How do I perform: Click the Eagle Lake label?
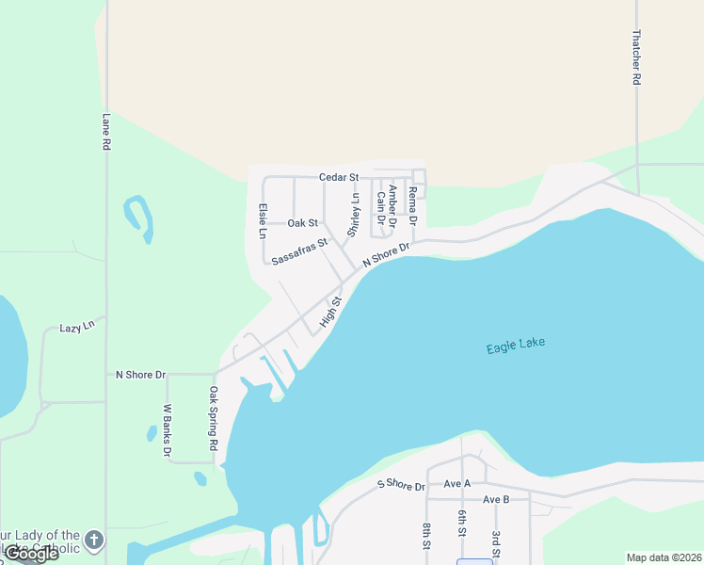[516, 346]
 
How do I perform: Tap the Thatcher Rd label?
[636, 57]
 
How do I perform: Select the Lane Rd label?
[106, 133]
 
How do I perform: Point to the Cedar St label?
[339, 177]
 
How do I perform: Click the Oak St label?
[302, 223]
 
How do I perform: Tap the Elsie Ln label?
[263, 221]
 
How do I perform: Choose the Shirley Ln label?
[355, 215]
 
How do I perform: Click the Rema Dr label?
[412, 205]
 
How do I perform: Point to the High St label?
[329, 311]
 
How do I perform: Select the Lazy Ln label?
[77, 327]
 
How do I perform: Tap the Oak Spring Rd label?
[214, 417]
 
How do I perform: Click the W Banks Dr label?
[167, 430]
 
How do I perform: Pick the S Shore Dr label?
[401, 485]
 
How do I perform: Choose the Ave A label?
[456, 483]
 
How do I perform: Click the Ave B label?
[495, 499]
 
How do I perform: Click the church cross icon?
[93, 540]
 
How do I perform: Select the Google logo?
[31, 554]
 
